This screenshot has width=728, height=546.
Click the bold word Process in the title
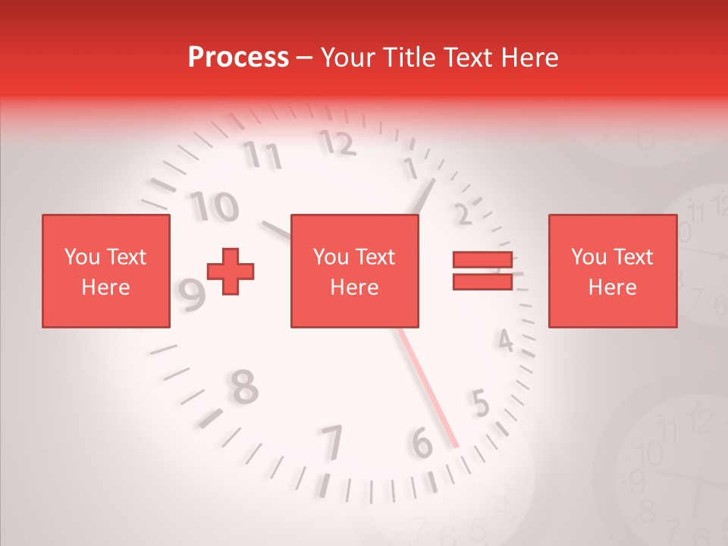pyautogui.click(x=238, y=58)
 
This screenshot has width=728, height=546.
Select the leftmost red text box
pyautogui.click(x=105, y=271)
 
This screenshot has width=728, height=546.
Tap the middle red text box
pyautogui.click(x=354, y=271)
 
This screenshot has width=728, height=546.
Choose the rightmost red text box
pyautogui.click(x=612, y=271)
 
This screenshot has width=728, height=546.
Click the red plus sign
pyautogui.click(x=231, y=271)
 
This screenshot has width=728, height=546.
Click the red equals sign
pyautogui.click(x=482, y=271)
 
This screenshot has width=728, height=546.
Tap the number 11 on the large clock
pyautogui.click(x=262, y=155)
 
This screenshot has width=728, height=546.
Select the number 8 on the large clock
pyautogui.click(x=243, y=386)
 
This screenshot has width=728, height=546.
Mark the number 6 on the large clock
pyautogui.click(x=422, y=444)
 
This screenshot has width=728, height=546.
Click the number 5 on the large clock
pyautogui.click(x=480, y=403)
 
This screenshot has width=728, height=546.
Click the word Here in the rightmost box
pyautogui.click(x=612, y=287)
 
